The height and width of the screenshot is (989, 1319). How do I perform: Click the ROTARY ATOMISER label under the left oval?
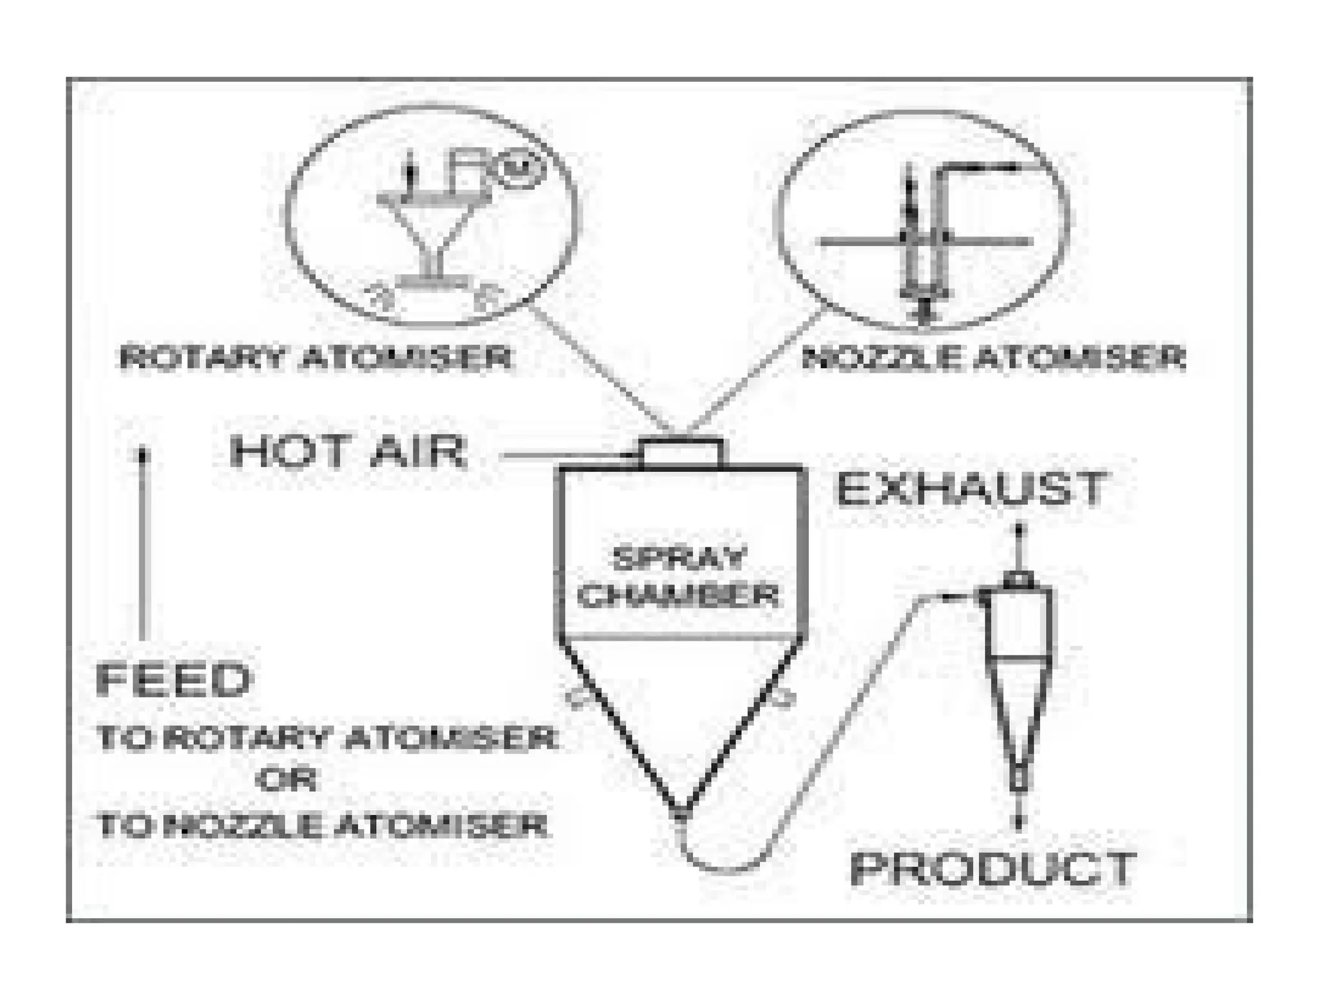(x=316, y=358)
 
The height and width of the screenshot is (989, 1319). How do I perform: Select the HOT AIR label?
(x=348, y=451)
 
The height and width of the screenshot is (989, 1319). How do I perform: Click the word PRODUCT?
(x=993, y=869)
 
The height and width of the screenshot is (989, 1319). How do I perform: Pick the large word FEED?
(x=173, y=680)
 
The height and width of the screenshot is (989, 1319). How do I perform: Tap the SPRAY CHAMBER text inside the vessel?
(x=678, y=577)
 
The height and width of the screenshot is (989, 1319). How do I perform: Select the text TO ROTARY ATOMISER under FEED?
(x=326, y=739)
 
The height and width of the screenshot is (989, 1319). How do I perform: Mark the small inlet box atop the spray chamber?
(x=680, y=453)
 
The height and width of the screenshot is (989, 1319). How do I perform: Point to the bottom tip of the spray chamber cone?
(x=680, y=813)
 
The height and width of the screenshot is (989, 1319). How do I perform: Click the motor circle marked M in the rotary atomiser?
(x=522, y=169)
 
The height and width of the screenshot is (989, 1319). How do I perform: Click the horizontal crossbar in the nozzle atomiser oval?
(x=924, y=242)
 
